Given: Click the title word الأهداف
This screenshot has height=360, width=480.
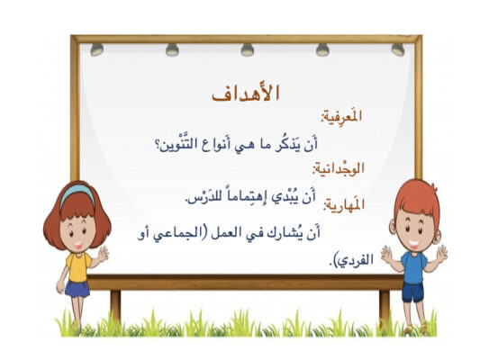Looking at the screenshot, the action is click(246, 93).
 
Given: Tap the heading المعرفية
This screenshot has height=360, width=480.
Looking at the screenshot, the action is click(341, 118).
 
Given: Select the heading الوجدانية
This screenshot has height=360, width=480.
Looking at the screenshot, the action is click(339, 169).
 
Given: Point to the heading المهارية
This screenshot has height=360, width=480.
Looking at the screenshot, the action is click(344, 204).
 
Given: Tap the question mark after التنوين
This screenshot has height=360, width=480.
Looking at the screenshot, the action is click(158, 144).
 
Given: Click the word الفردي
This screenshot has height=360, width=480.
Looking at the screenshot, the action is click(356, 260).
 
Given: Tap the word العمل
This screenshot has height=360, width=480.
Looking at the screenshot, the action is click(225, 233).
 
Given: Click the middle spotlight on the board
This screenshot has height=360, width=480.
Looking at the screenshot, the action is click(248, 49).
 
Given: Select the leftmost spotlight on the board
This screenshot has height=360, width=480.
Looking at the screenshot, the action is click(96, 49).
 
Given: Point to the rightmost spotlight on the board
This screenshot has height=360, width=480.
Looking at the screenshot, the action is click(398, 49).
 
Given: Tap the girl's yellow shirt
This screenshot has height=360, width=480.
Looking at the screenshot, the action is click(78, 266).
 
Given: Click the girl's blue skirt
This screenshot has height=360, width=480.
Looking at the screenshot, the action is click(77, 289).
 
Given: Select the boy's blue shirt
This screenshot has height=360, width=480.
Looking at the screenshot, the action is click(413, 267).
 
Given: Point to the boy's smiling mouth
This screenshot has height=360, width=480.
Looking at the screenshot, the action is click(414, 244).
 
